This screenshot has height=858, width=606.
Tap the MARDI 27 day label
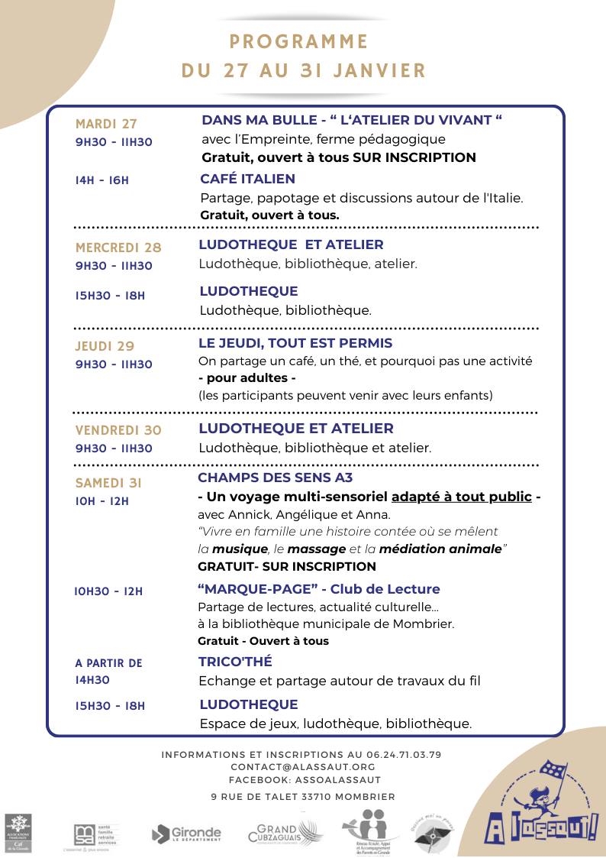coord(106,124)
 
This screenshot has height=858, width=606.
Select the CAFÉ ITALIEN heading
coord(247,179)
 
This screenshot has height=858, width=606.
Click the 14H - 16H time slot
coord(102,180)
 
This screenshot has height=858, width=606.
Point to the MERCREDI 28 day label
coord(118,248)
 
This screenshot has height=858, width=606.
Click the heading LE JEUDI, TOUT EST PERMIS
coord(295,343)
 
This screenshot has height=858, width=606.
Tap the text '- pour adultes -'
coord(247,378)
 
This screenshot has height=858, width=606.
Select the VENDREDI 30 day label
coord(118,430)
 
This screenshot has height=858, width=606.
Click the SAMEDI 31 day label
coord(108,483)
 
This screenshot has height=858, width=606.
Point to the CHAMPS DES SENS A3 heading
coord(275,478)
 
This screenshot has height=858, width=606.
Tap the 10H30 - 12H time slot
coord(109,591)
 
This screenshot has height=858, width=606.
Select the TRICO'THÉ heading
coord(235,662)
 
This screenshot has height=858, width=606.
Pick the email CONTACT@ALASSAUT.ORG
coord(303,766)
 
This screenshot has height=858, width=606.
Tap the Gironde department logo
coord(186,834)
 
